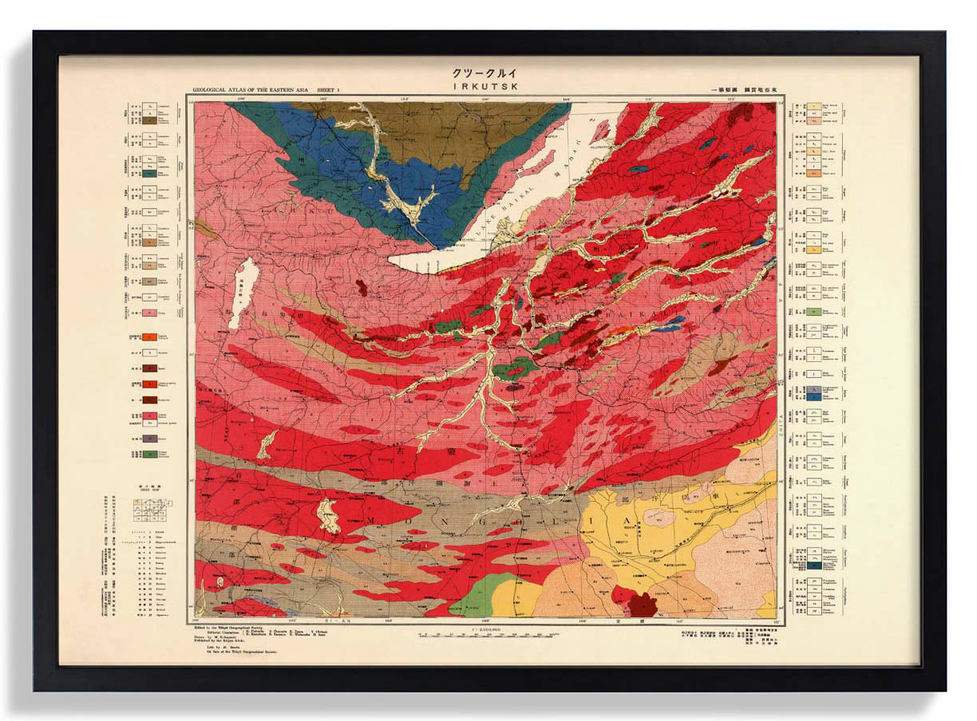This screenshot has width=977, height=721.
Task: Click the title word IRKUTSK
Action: (489, 85)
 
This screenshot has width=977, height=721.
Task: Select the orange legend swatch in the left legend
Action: (149, 337)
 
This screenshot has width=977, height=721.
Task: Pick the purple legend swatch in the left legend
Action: (149, 438)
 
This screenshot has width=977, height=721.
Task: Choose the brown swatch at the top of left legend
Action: (149, 122)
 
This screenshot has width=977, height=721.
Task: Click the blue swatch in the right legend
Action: (813, 395)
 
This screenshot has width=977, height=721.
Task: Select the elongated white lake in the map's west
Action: (243, 293)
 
